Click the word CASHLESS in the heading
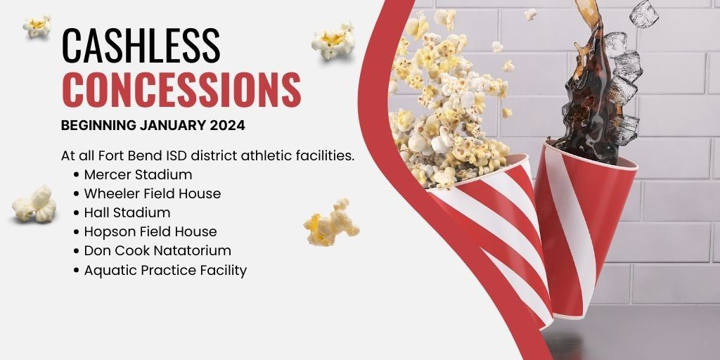[x=141, y=45]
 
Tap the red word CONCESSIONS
[x=181, y=89]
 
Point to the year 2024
[x=227, y=125]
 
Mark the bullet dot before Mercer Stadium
[x=76, y=175]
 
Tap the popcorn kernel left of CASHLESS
[x=37, y=26]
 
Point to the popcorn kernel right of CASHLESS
[x=333, y=41]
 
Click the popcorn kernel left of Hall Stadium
[x=34, y=205]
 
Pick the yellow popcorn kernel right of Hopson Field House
[x=330, y=223]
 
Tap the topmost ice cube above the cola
[x=644, y=14]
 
